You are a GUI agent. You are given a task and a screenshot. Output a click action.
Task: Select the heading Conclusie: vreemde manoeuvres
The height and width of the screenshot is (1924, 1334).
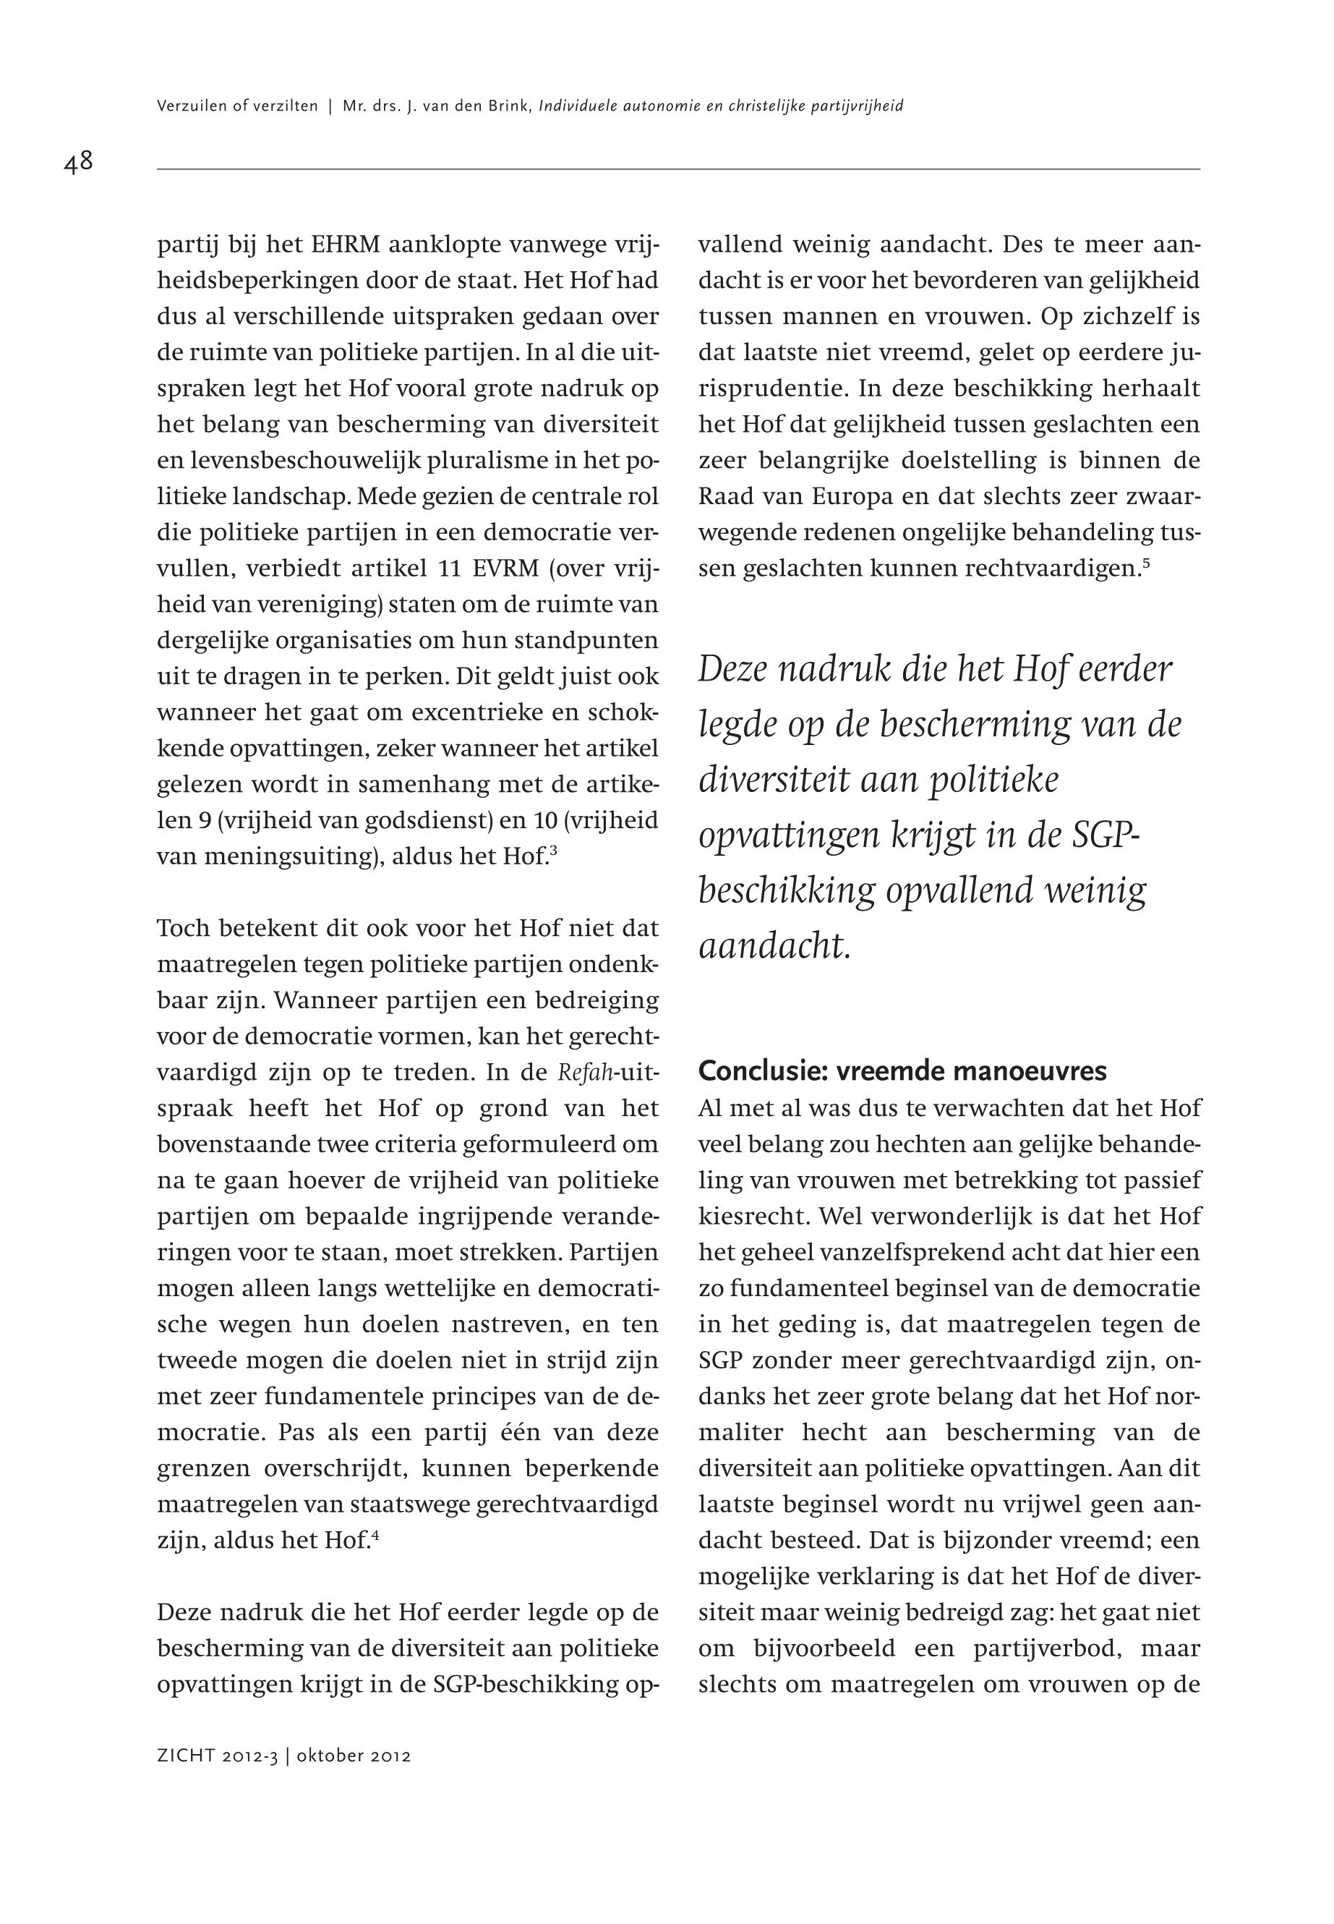pyautogui.click(x=902, y=1071)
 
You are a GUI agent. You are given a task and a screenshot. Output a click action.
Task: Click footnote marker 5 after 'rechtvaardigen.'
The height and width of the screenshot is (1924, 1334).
pyautogui.click(x=1146, y=563)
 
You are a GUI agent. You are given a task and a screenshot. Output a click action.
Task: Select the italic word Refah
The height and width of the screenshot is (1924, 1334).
pyautogui.click(x=585, y=1073)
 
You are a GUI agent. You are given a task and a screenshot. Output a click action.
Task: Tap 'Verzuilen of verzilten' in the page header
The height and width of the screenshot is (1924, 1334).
pyautogui.click(x=237, y=106)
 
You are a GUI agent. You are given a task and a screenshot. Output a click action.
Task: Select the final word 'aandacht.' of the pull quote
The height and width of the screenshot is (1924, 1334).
pyautogui.click(x=774, y=945)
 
